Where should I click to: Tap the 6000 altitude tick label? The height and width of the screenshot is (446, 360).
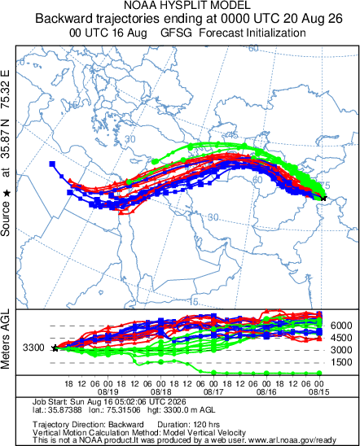tap(341, 326)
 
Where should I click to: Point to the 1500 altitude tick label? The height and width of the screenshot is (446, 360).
tap(341, 362)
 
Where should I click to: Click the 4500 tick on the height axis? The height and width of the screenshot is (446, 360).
tap(341, 338)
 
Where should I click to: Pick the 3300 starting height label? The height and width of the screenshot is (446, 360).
tap(33, 348)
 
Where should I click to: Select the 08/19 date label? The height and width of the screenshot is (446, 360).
tap(108, 392)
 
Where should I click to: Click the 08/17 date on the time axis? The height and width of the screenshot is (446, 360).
tap(213, 392)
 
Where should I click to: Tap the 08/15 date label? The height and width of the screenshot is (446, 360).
tap(319, 392)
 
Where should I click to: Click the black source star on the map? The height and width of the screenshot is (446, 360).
tap(323, 198)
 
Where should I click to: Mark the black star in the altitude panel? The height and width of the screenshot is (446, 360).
tap(55, 348)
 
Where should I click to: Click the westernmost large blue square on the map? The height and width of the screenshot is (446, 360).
tap(52, 164)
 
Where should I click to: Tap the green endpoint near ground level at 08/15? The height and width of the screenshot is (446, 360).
tap(319, 373)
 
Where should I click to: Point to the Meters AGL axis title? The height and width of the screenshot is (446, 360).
tap(5, 339)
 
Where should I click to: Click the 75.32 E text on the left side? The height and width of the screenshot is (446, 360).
tap(5, 90)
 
